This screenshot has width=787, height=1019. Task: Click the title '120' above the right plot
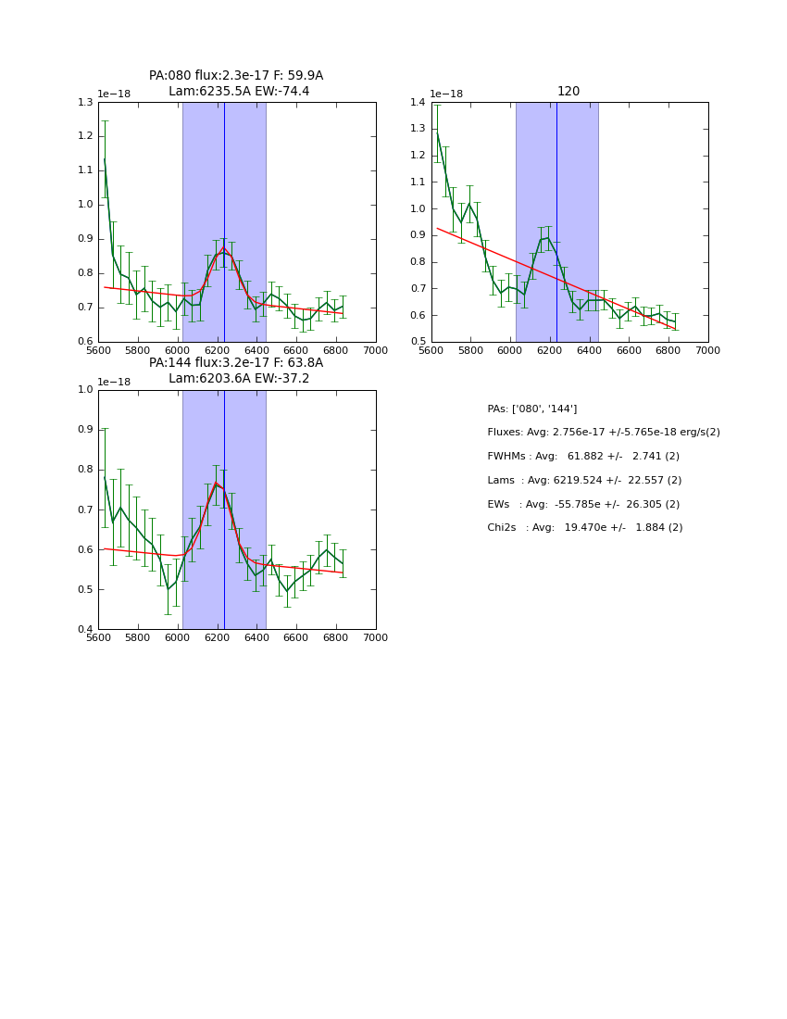[568, 91]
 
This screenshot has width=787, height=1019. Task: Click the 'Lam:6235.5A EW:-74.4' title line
[239, 91]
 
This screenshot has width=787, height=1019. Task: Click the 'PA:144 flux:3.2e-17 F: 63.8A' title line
[236, 363]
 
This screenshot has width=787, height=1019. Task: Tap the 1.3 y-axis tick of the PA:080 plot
[85, 102]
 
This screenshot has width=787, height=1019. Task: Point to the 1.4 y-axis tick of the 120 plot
[418, 102]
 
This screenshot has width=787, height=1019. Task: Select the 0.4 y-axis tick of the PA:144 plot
[85, 630]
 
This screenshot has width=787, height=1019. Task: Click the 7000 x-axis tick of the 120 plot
[708, 351]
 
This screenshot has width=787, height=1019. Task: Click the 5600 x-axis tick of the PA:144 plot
[98, 638]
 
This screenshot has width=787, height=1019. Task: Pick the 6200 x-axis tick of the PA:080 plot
[218, 351]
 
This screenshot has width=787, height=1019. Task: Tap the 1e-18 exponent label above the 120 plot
[447, 94]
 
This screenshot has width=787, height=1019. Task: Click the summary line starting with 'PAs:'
[531, 409]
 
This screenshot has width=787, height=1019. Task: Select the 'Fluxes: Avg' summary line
[603, 433]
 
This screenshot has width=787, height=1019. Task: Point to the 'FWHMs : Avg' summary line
[583, 457]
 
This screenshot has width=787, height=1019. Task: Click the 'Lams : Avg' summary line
[584, 480]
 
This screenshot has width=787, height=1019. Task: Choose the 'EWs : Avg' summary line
[583, 504]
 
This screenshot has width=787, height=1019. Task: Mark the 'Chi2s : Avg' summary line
[584, 528]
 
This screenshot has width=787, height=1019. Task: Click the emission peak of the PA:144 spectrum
[216, 482]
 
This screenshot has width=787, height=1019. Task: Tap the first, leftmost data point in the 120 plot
[437, 133]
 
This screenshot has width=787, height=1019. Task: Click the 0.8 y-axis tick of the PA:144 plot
[85, 470]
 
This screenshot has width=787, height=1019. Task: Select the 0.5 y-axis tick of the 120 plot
[418, 342]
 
